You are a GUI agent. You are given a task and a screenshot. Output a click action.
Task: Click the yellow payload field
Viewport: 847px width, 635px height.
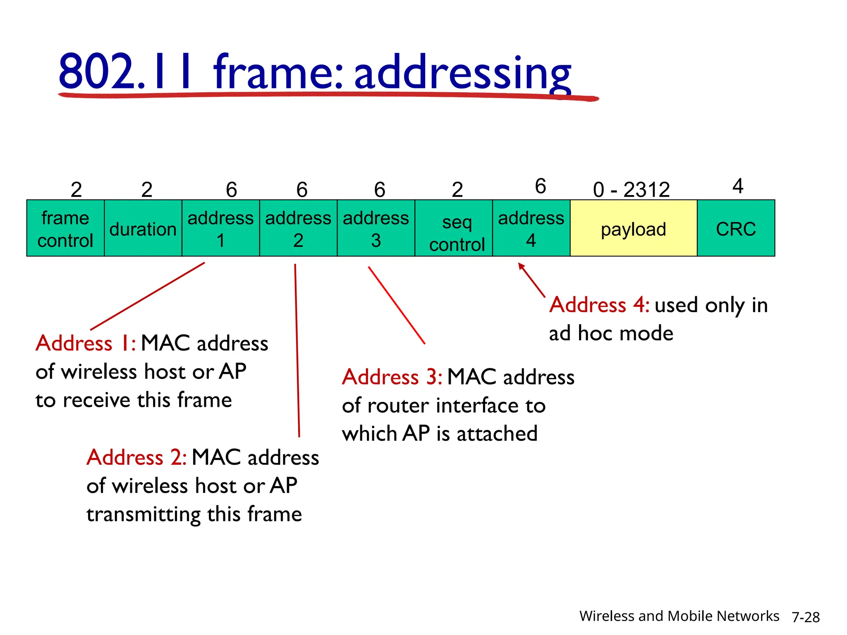coord(633,228)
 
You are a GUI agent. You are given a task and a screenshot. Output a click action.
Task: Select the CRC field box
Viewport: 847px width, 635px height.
coord(736,228)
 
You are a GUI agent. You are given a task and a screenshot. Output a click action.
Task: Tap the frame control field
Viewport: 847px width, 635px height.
coord(65,228)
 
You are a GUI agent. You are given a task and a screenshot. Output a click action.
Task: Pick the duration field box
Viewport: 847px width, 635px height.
coord(143,228)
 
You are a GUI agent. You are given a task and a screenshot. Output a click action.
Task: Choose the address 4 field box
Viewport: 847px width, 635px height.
coord(531,228)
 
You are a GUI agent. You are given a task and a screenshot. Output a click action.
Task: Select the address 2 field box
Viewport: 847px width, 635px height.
coord(298,228)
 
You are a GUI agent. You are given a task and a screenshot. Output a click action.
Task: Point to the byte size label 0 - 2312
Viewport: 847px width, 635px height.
coord(631,190)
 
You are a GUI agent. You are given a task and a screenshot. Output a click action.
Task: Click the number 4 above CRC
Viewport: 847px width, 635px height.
coord(738,186)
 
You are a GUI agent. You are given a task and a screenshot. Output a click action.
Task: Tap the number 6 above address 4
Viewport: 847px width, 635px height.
coord(541,186)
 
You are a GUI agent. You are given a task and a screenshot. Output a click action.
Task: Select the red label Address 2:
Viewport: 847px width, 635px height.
coord(136,458)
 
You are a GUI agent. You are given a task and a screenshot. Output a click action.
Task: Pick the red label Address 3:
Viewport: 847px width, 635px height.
coord(392,377)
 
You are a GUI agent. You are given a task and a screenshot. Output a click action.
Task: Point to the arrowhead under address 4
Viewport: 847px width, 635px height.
coord(521,266)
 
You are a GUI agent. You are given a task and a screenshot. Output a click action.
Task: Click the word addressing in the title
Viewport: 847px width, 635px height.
coord(462,72)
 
